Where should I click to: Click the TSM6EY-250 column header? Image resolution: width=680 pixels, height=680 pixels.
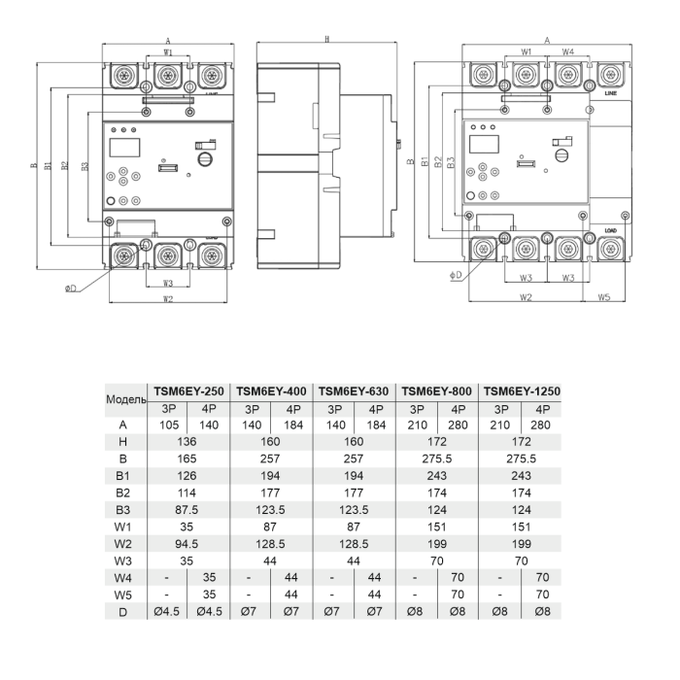point(188,391)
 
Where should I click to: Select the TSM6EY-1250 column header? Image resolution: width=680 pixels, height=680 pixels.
point(522,391)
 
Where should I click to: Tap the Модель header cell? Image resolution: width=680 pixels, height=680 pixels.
point(126,399)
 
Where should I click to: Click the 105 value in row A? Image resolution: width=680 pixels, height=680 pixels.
point(169,425)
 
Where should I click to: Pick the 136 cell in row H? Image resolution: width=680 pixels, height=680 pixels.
point(187,442)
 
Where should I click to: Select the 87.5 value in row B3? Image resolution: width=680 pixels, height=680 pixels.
point(187,510)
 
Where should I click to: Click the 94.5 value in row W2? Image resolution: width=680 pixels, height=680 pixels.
point(187,544)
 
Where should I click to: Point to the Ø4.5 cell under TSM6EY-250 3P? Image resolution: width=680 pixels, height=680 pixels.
point(166,612)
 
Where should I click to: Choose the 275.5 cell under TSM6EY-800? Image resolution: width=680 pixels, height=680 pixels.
point(437,459)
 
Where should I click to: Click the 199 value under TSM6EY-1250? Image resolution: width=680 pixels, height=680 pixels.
point(522,544)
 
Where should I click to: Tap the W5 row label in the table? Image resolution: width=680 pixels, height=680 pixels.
point(122,595)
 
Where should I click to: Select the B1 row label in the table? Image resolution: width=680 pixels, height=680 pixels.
point(122,476)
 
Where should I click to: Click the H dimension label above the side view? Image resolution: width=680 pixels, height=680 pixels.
point(327,40)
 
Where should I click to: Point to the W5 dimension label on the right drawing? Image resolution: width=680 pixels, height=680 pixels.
point(604,297)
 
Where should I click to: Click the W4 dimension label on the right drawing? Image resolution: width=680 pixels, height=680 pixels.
point(568,52)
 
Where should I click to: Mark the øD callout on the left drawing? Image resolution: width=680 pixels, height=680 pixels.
point(70,289)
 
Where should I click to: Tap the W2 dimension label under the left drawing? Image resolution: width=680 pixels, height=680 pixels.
point(168,299)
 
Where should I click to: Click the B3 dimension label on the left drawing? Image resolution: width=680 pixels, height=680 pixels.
point(85,166)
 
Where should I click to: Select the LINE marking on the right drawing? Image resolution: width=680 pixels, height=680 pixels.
point(611,93)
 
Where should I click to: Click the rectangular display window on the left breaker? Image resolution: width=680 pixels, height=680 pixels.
point(124,148)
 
